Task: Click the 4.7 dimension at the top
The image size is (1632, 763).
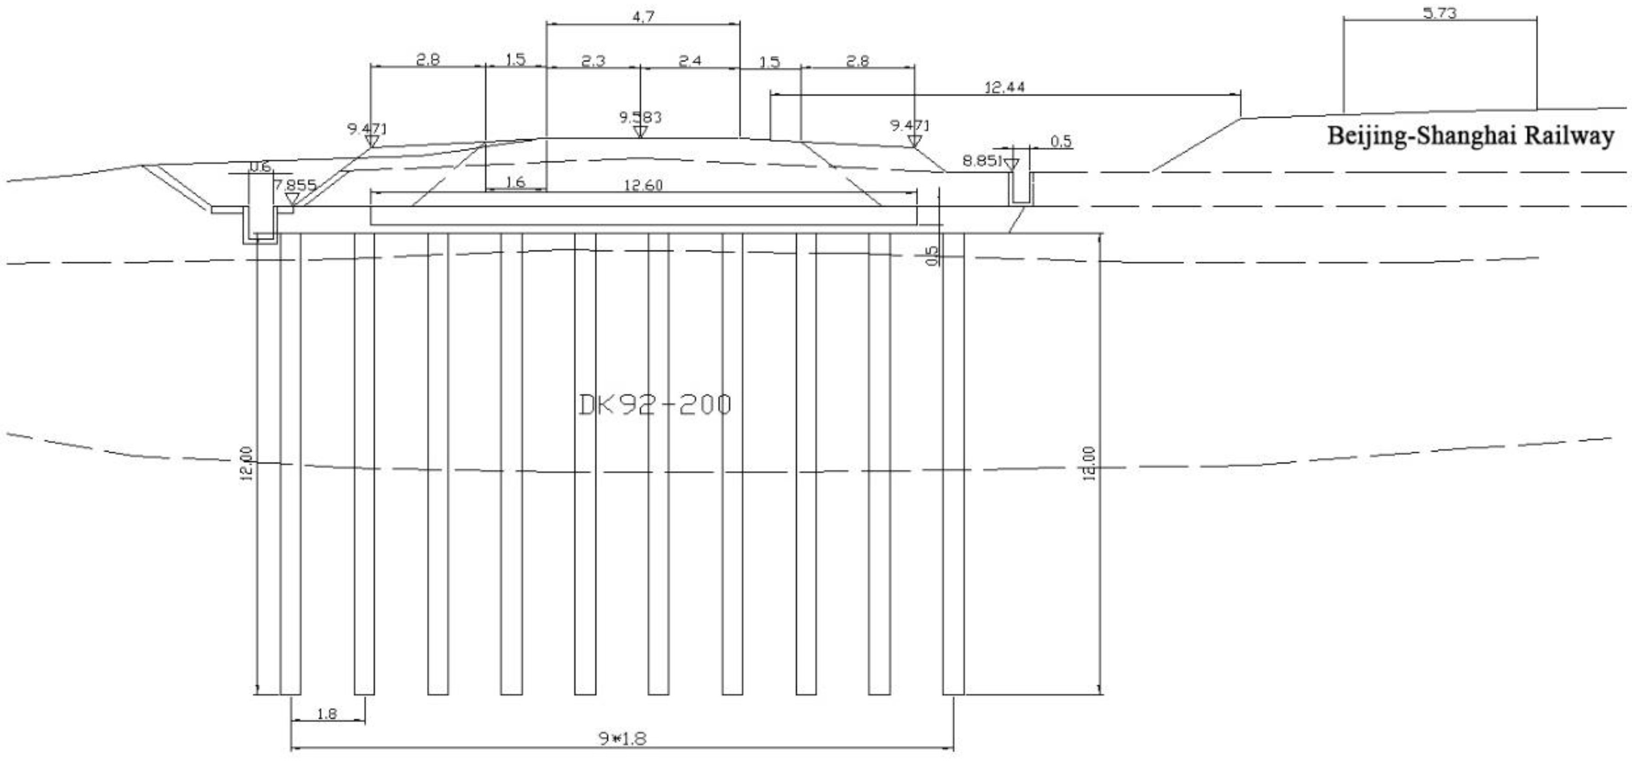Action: click(643, 17)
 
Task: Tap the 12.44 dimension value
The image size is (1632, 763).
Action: click(1004, 87)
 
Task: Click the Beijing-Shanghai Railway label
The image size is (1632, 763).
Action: click(1470, 136)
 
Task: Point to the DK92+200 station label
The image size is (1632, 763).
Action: click(655, 404)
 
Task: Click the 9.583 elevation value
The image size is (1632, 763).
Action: click(640, 117)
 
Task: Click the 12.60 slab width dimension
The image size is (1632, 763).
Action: click(643, 185)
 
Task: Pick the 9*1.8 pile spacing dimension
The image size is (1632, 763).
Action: click(622, 738)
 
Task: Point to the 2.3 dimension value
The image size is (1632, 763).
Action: click(592, 61)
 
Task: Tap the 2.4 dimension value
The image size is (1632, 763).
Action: click(690, 61)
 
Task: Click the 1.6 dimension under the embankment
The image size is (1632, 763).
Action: click(516, 182)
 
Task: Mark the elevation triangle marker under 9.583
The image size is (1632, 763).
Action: click(640, 132)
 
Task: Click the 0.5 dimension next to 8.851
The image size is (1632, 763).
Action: click(1061, 141)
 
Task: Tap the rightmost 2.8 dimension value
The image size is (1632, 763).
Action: click(857, 61)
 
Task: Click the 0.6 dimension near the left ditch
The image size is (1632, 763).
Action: click(260, 166)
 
